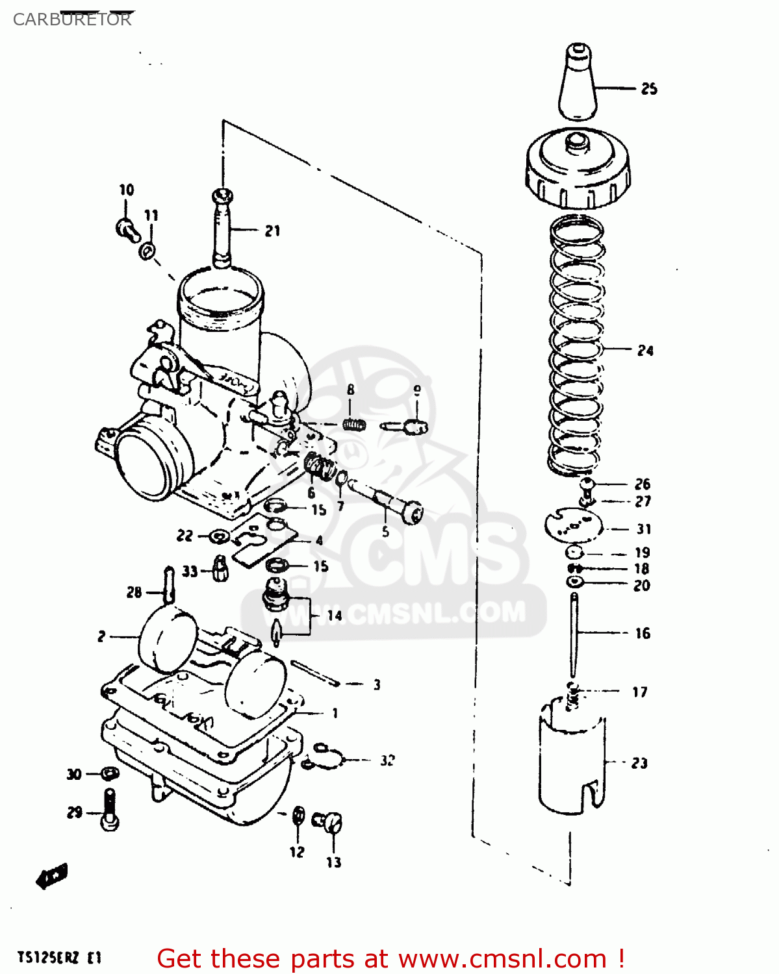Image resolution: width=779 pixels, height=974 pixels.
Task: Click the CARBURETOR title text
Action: tap(71, 19)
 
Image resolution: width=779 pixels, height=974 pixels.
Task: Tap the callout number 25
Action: tap(649, 89)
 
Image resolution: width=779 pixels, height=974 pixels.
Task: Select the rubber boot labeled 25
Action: tap(577, 84)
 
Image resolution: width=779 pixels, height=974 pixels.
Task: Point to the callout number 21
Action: tap(272, 231)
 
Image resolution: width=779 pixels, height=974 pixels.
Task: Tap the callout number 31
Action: tap(643, 529)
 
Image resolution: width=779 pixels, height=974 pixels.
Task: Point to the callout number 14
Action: tap(335, 615)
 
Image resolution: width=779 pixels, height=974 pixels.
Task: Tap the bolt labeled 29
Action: tap(110, 810)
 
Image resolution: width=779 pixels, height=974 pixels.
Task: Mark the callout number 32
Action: tap(387, 760)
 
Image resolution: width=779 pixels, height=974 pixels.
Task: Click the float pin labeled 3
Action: tap(315, 673)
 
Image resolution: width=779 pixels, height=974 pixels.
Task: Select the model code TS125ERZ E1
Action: tap(59, 958)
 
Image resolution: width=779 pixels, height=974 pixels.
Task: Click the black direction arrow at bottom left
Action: tap(52, 876)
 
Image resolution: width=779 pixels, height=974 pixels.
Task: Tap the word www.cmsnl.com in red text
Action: tap(502, 958)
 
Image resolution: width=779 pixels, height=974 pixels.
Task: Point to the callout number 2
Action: tap(101, 636)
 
